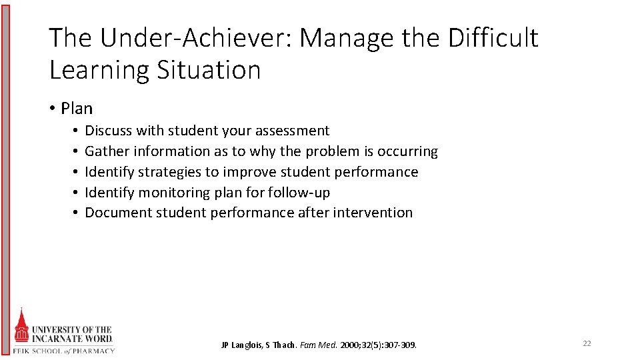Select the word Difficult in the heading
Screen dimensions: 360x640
point(493,38)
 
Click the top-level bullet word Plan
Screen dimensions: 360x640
point(77,108)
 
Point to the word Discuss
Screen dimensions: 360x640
point(109,131)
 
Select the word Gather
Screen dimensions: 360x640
point(107,151)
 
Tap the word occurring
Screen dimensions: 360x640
point(406,151)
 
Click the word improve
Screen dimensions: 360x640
point(246,172)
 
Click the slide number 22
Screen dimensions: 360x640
point(587,343)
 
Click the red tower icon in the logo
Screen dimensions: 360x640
point(22,328)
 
